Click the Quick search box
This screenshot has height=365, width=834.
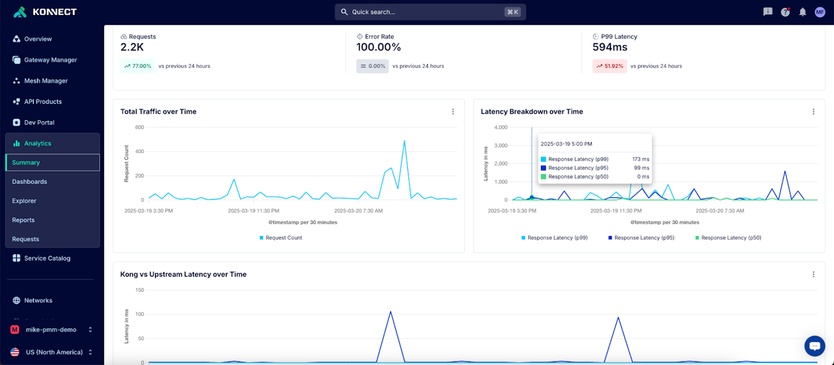430,12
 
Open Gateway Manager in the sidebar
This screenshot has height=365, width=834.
50,60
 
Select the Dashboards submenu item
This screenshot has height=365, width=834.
30,182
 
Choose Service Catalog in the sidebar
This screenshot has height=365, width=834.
47,258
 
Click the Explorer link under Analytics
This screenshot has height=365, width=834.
24,201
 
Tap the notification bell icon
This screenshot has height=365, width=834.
803,12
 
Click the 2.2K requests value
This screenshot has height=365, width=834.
132,47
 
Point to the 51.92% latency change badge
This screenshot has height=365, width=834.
609,66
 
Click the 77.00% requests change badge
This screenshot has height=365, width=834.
137,66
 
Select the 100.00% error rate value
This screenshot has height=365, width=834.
378,47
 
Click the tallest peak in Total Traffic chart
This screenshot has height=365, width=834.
404,141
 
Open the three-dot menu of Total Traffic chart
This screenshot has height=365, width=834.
453,112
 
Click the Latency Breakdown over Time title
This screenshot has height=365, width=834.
532,112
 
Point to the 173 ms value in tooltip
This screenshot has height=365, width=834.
641,159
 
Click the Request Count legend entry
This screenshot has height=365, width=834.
281,238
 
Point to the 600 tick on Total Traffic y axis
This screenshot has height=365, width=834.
140,127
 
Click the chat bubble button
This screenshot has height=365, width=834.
814,346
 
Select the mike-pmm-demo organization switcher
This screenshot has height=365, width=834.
52,330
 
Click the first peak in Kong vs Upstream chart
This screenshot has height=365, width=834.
390,312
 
